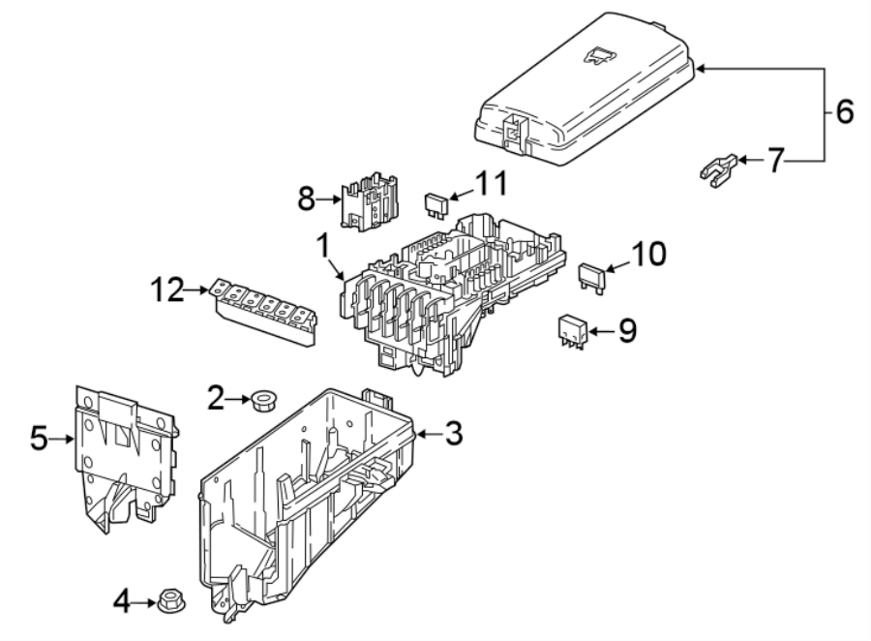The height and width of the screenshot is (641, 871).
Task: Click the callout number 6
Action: point(844,112)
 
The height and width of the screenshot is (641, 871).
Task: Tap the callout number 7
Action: point(774,161)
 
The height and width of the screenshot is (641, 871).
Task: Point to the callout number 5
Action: point(39,439)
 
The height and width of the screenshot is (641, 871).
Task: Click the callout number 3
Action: point(452,433)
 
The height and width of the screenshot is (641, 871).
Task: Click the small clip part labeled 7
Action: point(718,168)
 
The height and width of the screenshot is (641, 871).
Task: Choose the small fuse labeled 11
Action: point(436,204)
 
